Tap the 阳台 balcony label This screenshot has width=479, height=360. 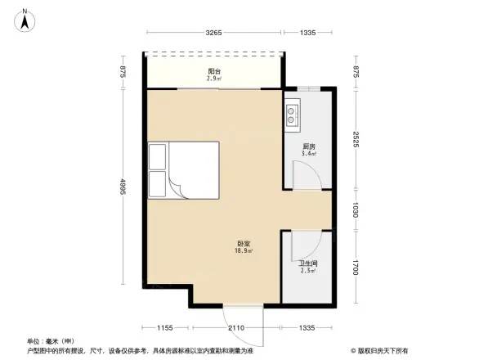[214, 72]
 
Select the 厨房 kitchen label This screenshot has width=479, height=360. [308, 147]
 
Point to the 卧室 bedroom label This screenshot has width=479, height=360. [244, 244]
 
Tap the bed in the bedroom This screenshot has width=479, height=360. [184, 170]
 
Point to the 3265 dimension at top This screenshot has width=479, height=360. [214, 33]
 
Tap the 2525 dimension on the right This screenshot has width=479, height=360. [356, 140]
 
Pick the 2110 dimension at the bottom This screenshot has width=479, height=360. [235, 328]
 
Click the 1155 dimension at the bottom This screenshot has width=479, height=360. [166, 328]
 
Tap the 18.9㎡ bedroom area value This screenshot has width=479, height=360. [244, 251]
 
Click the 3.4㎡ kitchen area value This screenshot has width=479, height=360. [308, 155]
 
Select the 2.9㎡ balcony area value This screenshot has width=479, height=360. [214, 79]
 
